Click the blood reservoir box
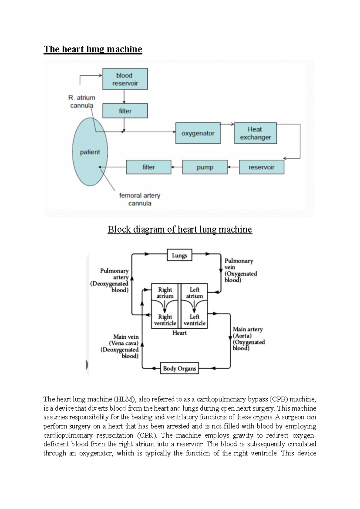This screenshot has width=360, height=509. [125, 79]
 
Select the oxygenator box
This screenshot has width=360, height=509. [198, 133]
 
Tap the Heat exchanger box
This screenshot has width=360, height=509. [255, 133]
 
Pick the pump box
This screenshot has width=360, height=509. [205, 167]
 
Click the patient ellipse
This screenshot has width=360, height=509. [90, 152]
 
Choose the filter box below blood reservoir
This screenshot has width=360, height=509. [125, 111]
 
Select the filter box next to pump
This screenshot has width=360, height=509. [148, 167]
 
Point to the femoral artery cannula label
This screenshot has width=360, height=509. [140, 199]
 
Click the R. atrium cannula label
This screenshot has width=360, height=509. [82, 101]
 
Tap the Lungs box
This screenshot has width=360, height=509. [179, 255]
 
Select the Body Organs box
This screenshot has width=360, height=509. [179, 368]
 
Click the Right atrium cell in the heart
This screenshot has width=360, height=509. [165, 293]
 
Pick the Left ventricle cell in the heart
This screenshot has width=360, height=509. [194, 320]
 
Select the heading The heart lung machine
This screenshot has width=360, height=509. [93, 49]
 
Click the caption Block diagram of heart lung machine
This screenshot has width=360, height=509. [180, 229]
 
